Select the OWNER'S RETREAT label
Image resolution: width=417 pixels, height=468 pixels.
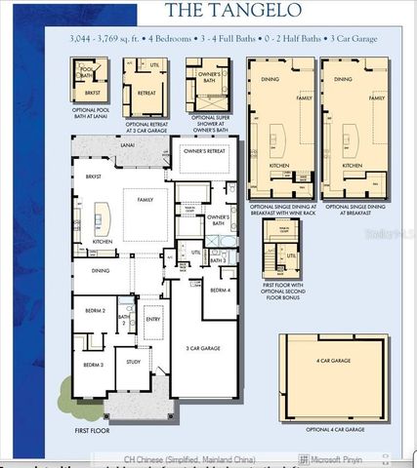204,151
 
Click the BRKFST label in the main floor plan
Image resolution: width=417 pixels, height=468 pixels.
93,177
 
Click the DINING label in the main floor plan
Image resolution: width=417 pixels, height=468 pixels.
101,270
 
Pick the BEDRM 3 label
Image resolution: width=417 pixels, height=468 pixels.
93,365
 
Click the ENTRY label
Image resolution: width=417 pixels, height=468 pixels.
153,318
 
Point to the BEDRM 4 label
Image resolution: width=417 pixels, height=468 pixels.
220,291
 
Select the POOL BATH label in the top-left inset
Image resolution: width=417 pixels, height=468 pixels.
86,73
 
